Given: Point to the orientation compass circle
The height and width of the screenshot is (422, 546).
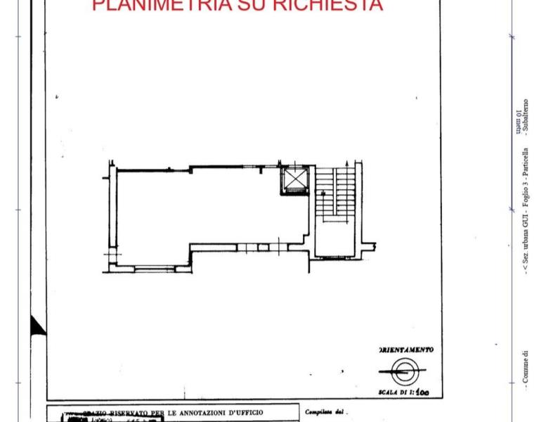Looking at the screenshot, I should point(403,369).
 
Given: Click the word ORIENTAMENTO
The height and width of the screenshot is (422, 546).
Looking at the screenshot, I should point(406,350).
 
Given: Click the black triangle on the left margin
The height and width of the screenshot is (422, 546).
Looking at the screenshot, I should point(37,325).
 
